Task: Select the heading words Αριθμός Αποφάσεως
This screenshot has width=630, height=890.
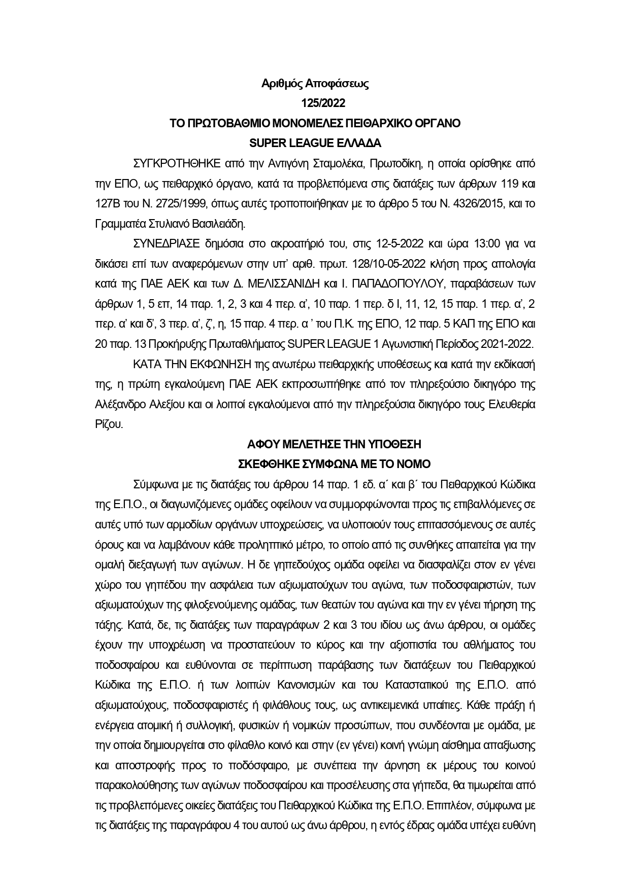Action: click(x=315, y=84)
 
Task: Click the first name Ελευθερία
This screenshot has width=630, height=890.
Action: click(x=510, y=405)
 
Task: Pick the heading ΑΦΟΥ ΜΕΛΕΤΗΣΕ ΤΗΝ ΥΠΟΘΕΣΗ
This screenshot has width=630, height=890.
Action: click(x=334, y=445)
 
